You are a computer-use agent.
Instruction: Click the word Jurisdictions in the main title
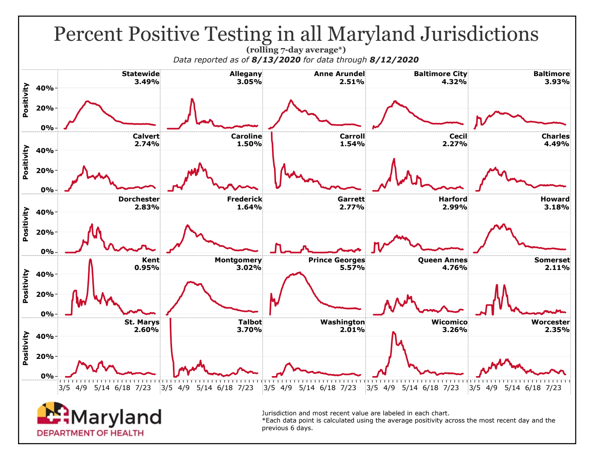479,34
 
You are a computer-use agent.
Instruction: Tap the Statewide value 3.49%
147,82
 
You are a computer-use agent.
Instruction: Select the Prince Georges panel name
337,260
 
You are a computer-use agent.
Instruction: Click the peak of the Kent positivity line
90,260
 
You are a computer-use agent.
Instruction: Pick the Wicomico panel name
449,322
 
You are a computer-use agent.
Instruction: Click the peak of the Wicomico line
393,332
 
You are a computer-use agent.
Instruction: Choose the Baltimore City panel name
441,74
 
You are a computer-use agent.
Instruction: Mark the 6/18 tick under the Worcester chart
533,388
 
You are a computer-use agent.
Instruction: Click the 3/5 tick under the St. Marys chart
64,388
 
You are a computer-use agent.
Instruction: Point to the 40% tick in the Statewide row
47,88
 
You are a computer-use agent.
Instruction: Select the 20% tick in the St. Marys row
47,356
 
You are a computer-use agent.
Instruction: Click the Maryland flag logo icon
53,414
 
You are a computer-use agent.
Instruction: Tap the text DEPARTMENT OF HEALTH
90,433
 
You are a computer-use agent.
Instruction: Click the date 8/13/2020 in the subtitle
276,60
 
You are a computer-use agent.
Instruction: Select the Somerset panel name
552,260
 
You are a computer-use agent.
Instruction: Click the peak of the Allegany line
192,99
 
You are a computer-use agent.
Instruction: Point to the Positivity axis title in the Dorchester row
26,224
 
